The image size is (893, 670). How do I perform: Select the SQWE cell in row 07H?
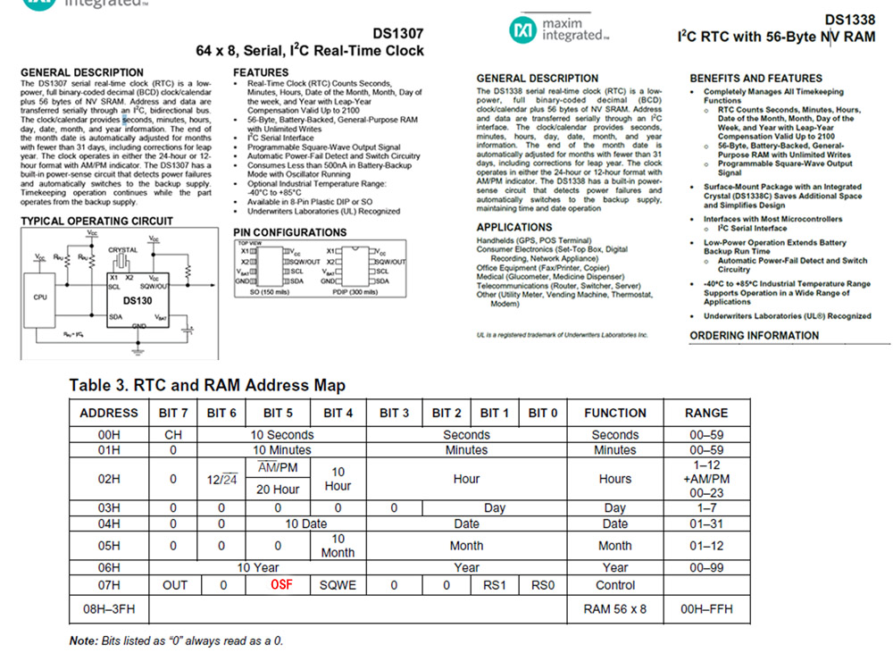pos(338,585)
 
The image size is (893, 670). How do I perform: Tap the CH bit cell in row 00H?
pos(173,435)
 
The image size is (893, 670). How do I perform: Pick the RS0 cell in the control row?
pos(543,585)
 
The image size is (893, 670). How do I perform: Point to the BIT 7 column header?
pos(173,413)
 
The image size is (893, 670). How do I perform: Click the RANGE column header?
pos(706,413)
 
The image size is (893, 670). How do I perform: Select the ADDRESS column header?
pos(109,413)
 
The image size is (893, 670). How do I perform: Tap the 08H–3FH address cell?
pos(109,609)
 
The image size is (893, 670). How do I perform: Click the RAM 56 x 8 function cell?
pos(614,609)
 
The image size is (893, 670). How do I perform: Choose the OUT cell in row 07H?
pos(173,585)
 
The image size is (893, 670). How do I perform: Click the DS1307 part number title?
pos(399,33)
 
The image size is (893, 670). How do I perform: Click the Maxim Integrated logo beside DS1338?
pos(559,30)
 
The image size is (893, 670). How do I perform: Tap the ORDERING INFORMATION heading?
pos(754,336)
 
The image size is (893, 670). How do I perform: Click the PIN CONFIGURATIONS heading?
pos(289,232)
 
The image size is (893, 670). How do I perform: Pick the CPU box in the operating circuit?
pos(41,297)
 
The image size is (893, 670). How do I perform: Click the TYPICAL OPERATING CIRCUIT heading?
pos(96,221)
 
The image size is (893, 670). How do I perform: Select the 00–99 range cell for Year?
pos(706,567)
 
